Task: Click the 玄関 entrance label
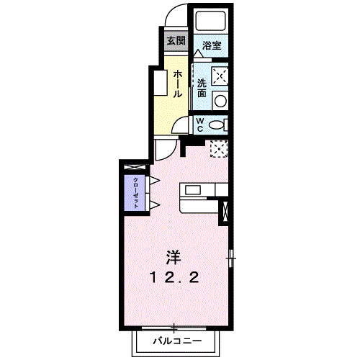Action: tap(175, 40)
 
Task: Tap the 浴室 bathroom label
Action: tap(211, 45)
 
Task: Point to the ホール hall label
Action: tap(176, 84)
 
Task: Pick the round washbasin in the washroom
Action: tap(221, 102)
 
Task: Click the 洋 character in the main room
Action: tap(174, 256)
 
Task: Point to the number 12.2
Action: tap(174, 277)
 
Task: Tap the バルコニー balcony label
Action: tap(174, 340)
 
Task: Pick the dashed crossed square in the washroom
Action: tap(220, 75)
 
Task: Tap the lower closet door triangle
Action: tap(153, 206)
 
